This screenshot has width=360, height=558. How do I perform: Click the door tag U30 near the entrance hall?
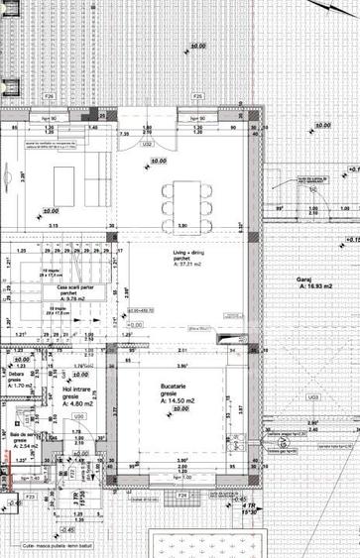click(x=76, y=416)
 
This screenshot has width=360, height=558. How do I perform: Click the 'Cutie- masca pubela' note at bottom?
click(x=59, y=546)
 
